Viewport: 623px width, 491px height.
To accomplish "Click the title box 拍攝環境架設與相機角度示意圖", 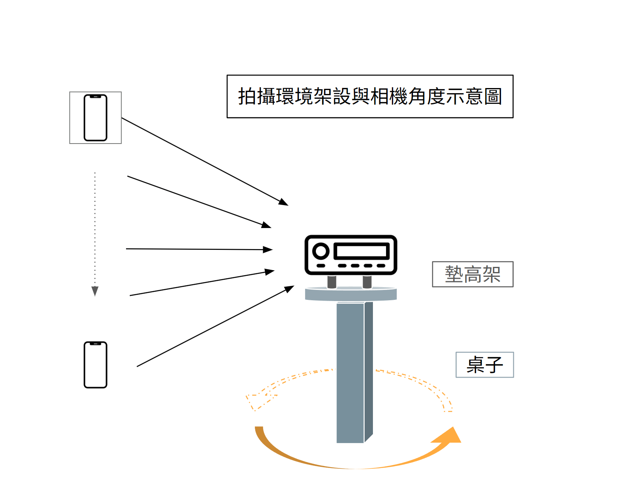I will point(370,96).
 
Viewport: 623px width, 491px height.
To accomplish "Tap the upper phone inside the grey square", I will point(96,118).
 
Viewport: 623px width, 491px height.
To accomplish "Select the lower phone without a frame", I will point(96,364).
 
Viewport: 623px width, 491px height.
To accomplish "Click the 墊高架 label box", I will point(472,274).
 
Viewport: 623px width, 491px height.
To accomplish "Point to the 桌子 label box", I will point(485,364).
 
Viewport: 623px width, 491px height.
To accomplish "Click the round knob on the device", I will point(321,251).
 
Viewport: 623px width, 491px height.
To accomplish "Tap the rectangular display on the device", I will point(361,251).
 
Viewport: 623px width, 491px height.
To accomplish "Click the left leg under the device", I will point(332,282).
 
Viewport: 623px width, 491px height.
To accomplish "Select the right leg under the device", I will point(367,282).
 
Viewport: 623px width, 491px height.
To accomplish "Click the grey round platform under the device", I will point(351,294).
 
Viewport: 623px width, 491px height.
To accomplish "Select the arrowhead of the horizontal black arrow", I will point(268,249).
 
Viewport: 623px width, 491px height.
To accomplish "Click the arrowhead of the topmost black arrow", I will point(283,202).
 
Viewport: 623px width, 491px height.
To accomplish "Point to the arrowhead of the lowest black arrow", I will point(289,288).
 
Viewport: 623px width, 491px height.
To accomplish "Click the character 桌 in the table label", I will point(475,364).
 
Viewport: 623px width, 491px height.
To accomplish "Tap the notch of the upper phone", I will point(96,96).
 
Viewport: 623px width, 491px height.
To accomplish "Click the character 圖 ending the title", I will point(493,96).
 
